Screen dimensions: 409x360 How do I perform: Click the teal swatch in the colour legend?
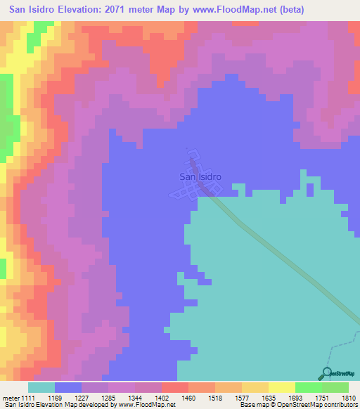click(41, 387)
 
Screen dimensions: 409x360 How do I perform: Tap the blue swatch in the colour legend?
click(68, 387)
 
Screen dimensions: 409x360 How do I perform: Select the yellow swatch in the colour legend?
click(282, 387)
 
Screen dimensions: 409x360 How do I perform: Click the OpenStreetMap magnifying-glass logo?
click(326, 373)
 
